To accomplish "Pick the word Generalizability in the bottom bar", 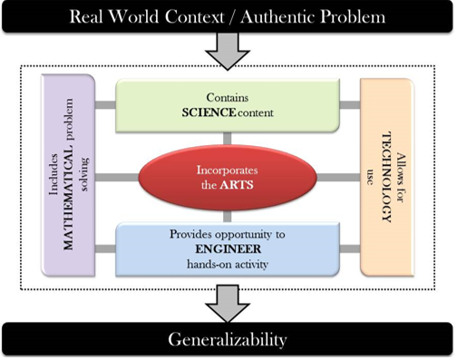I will [229, 340].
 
